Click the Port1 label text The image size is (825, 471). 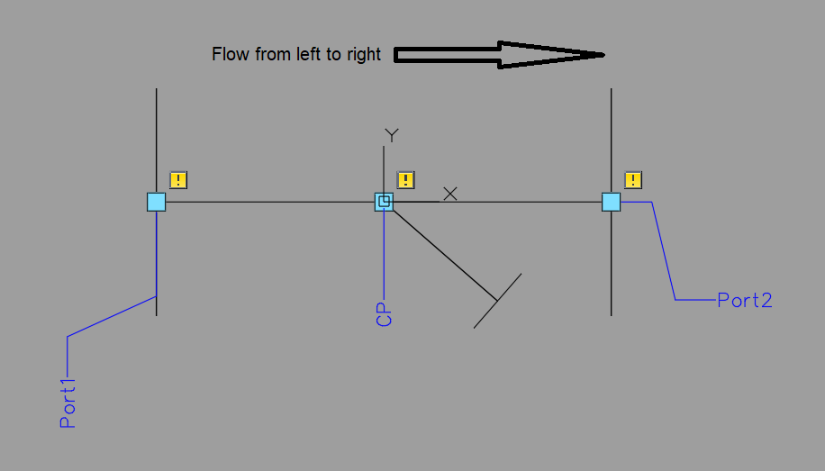(x=68, y=403)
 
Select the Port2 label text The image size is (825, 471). (x=745, y=301)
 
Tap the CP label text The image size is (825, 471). (x=385, y=314)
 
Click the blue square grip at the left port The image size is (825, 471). (x=157, y=202)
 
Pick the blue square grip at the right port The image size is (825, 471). (x=612, y=202)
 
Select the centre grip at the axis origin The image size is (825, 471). (x=385, y=202)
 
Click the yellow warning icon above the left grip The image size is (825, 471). (x=178, y=180)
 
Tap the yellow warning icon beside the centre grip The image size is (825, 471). (x=406, y=180)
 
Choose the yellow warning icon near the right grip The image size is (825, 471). (x=634, y=180)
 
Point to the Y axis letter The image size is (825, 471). (x=392, y=135)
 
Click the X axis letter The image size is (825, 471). (x=450, y=193)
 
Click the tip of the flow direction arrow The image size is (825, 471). (x=602, y=55)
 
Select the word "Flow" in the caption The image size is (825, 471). (x=229, y=55)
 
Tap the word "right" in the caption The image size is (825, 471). (x=362, y=55)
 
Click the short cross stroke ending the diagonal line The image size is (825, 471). (x=498, y=301)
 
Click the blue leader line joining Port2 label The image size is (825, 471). (x=665, y=252)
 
